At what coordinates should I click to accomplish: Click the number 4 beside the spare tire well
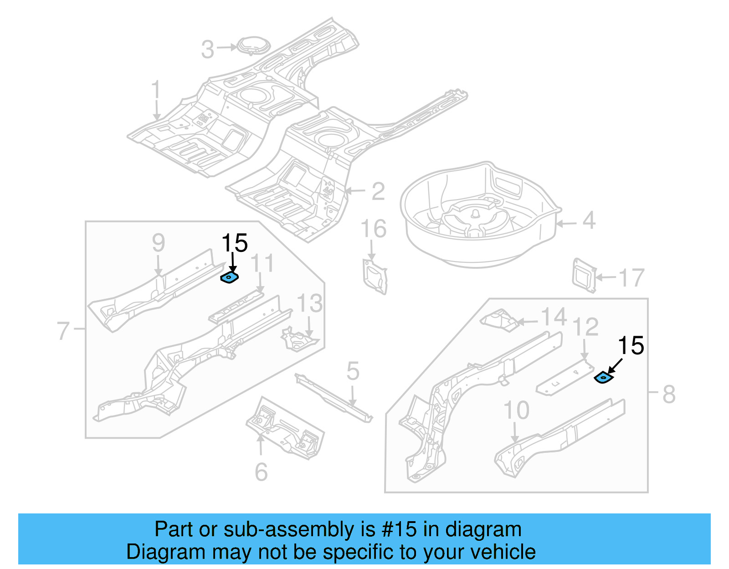tap(589, 221)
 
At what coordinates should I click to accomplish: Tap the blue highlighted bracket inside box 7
tap(230, 277)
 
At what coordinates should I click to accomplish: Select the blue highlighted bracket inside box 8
tap(604, 378)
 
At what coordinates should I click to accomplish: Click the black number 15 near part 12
tap(631, 346)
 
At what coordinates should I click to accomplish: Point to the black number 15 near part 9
tap(235, 243)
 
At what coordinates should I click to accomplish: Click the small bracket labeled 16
tap(375, 276)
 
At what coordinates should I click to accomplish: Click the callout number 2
tap(378, 191)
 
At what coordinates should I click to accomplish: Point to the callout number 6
tap(261, 472)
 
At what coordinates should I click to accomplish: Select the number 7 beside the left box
tap(63, 331)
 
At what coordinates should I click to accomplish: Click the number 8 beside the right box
tap(668, 394)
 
